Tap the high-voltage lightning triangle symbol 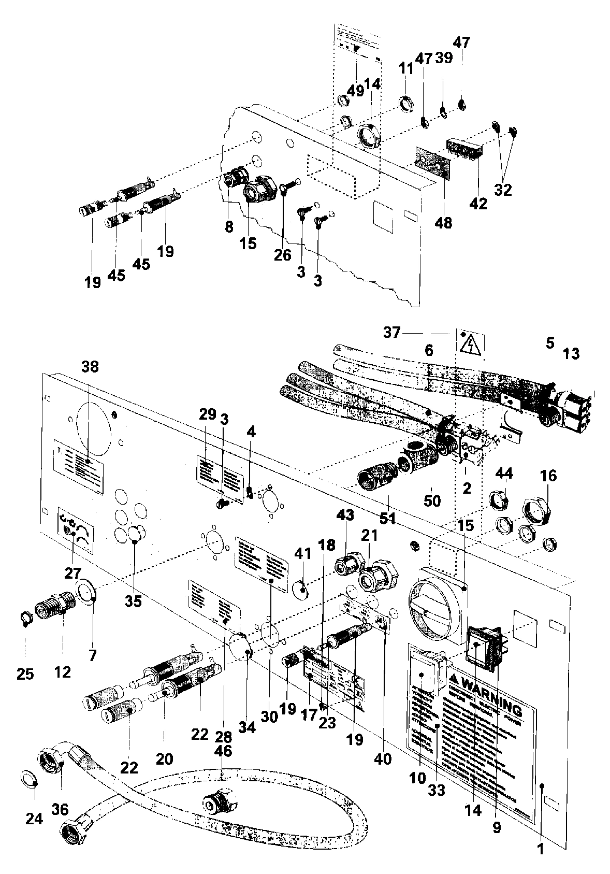click(x=471, y=344)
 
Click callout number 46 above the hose click(x=223, y=751)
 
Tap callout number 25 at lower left click(x=25, y=674)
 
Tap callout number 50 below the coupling click(x=432, y=500)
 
